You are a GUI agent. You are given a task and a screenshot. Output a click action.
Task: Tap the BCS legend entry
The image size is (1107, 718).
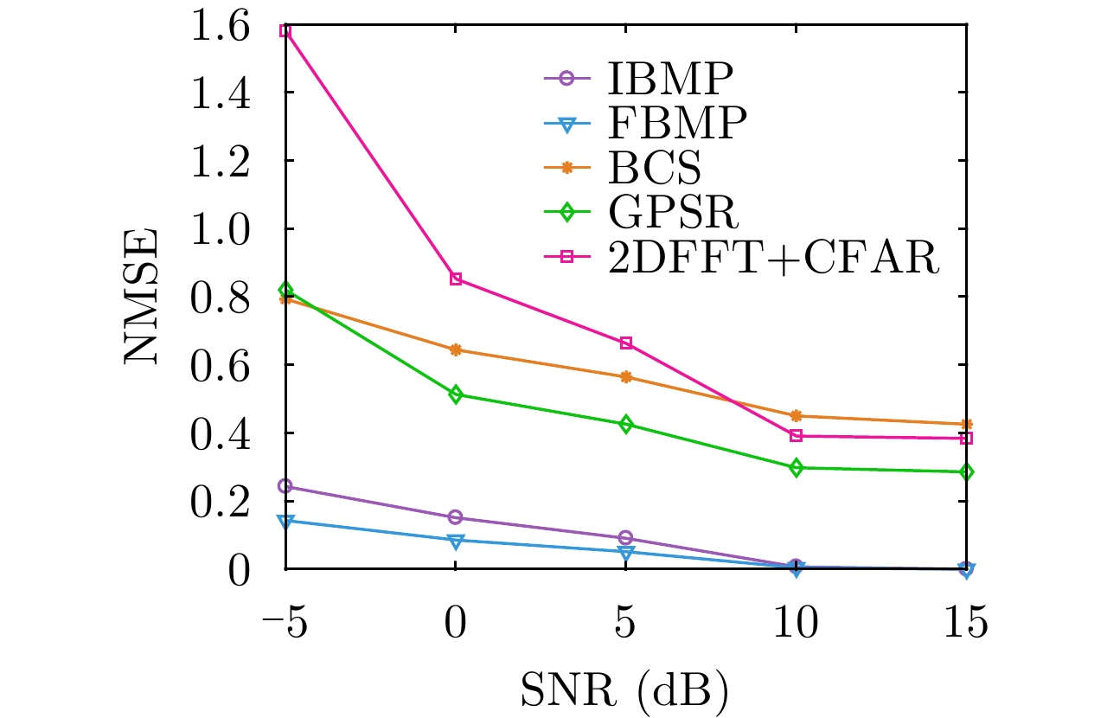point(655,169)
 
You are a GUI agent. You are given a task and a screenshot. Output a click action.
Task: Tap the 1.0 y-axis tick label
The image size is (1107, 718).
point(227,229)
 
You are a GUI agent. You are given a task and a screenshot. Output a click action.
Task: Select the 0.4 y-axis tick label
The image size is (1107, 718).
point(227,433)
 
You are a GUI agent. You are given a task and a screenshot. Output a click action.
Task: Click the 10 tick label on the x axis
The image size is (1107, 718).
point(796,622)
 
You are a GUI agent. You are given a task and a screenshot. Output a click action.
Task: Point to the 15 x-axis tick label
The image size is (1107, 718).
point(966,622)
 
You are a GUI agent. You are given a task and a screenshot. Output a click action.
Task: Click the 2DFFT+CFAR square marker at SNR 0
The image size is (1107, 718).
point(456,279)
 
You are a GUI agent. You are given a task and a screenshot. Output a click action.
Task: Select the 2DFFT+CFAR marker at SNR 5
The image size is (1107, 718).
point(626,343)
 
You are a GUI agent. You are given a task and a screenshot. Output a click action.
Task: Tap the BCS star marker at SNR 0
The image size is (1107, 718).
point(456,350)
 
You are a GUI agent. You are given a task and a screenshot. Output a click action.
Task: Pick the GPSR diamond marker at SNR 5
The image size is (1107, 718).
point(626,425)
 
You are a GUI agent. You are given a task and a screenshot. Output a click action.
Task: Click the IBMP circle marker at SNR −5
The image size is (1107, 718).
point(285,486)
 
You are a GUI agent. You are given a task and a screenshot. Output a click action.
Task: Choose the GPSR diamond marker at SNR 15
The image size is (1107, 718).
point(967,472)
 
